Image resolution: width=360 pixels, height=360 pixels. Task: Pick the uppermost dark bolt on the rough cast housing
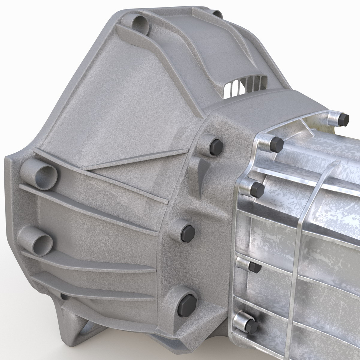click(215, 147)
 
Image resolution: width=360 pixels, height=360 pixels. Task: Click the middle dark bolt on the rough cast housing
click(187, 233)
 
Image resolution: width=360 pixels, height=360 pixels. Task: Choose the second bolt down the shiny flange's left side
click(257, 190)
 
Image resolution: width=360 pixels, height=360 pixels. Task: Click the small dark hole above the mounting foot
click(65, 296)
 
